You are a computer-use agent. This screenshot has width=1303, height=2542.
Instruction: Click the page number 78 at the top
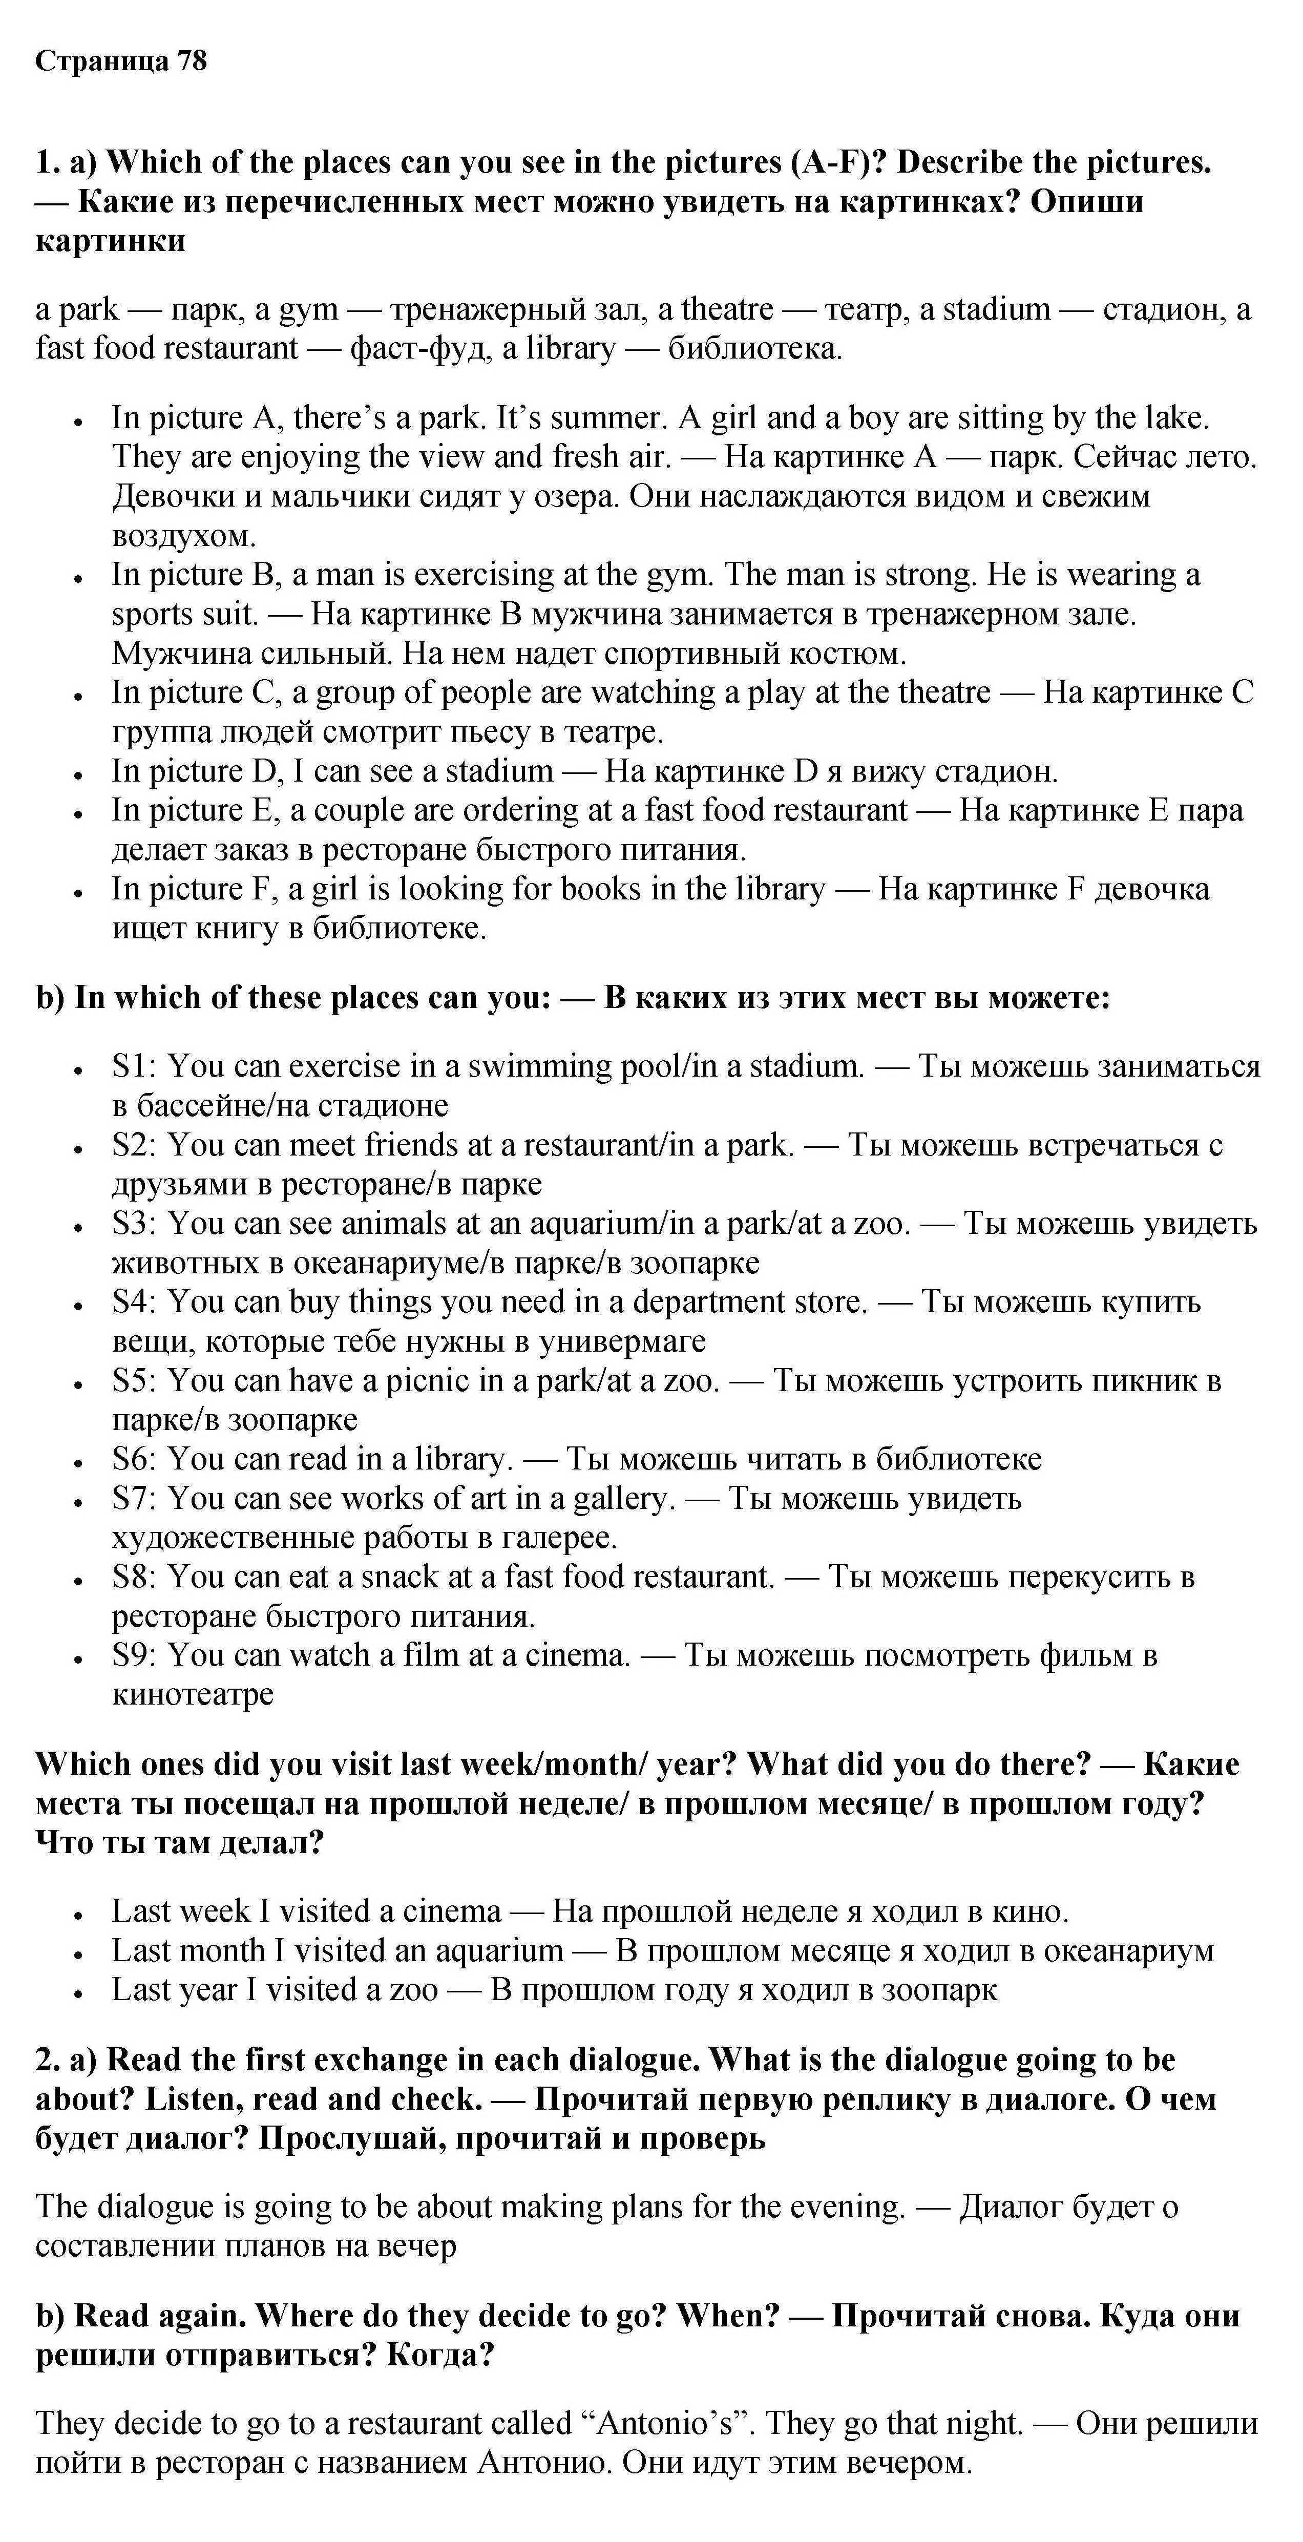tap(192, 61)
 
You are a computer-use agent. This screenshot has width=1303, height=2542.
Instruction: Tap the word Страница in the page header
tap(102, 61)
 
